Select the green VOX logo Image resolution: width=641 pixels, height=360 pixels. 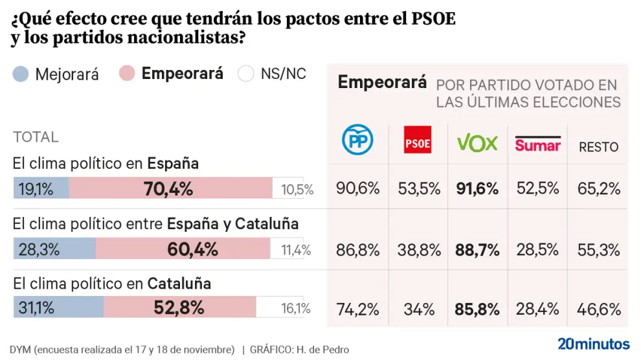pyautogui.click(x=477, y=142)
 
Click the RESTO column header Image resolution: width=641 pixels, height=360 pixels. pyautogui.click(x=598, y=147)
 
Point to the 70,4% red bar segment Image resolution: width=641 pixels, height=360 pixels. pyautogui.click(x=170, y=188)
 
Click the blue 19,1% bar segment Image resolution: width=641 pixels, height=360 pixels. pyautogui.click(x=41, y=188)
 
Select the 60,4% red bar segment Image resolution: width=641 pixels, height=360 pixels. pyautogui.click(x=183, y=249)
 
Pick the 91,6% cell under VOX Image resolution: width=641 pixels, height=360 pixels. pyautogui.click(x=477, y=188)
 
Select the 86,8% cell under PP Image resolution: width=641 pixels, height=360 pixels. pyautogui.click(x=358, y=249)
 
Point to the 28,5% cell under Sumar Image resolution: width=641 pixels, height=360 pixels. pyautogui.click(x=537, y=249)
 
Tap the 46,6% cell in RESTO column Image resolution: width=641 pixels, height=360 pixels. pyautogui.click(x=598, y=309)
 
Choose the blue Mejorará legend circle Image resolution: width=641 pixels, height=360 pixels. pyautogui.click(x=21, y=74)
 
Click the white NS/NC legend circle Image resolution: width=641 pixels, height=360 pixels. pyautogui.click(x=246, y=74)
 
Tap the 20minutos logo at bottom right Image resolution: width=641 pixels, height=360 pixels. pyautogui.click(x=593, y=343)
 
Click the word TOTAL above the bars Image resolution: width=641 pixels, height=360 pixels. pyautogui.click(x=36, y=137)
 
